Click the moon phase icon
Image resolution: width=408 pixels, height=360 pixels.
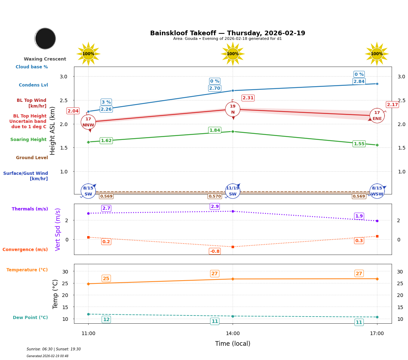click(45, 38)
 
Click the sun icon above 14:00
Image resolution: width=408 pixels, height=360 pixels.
click(233, 54)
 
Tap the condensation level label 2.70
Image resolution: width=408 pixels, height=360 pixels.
click(214, 88)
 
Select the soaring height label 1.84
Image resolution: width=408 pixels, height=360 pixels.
click(214, 130)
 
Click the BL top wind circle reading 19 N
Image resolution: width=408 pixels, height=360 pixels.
click(233, 109)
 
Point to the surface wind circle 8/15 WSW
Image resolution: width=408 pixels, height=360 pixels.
click(377, 191)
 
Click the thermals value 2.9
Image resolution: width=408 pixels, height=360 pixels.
click(215, 207)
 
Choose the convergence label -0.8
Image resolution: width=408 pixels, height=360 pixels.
click(215, 251)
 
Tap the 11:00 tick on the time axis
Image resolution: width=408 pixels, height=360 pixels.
click(88, 333)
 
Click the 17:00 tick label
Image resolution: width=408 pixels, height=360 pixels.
click(377, 333)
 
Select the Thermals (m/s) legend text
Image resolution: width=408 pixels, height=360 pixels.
click(30, 209)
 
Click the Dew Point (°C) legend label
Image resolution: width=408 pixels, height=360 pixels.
click(30, 318)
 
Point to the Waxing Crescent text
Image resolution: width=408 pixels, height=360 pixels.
click(45, 59)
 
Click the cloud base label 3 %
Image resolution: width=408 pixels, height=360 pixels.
click(106, 102)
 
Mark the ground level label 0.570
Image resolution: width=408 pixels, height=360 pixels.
click(214, 196)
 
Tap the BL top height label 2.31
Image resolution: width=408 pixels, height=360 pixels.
click(248, 98)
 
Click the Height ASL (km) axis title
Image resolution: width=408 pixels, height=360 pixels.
click(53, 130)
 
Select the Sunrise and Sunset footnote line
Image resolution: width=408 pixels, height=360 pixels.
click(54, 349)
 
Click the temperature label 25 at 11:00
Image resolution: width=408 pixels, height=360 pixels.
click(106, 278)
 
